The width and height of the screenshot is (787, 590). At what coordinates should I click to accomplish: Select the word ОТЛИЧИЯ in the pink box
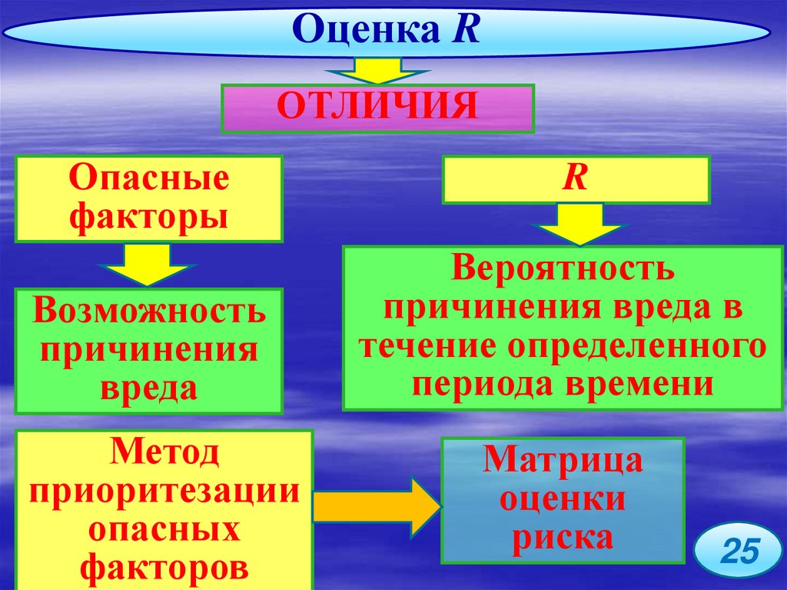(x=377, y=107)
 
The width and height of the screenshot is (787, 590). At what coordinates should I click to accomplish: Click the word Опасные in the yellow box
(x=150, y=179)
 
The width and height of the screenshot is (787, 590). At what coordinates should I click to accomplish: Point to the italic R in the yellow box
(x=575, y=178)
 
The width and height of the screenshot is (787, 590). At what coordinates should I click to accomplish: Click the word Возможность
(x=150, y=312)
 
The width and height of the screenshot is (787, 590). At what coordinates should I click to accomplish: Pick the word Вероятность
(x=563, y=269)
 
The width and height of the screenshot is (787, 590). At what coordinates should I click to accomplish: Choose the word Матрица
(x=563, y=462)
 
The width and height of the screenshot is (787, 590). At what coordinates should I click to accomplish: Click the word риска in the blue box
(x=563, y=537)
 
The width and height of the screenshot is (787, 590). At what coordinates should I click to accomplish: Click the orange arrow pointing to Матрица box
(x=377, y=507)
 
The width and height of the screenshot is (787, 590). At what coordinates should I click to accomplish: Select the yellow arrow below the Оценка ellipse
(x=377, y=71)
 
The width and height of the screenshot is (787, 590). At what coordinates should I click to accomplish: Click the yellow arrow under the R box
(x=579, y=224)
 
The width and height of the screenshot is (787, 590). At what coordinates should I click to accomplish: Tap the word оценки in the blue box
(x=563, y=499)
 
